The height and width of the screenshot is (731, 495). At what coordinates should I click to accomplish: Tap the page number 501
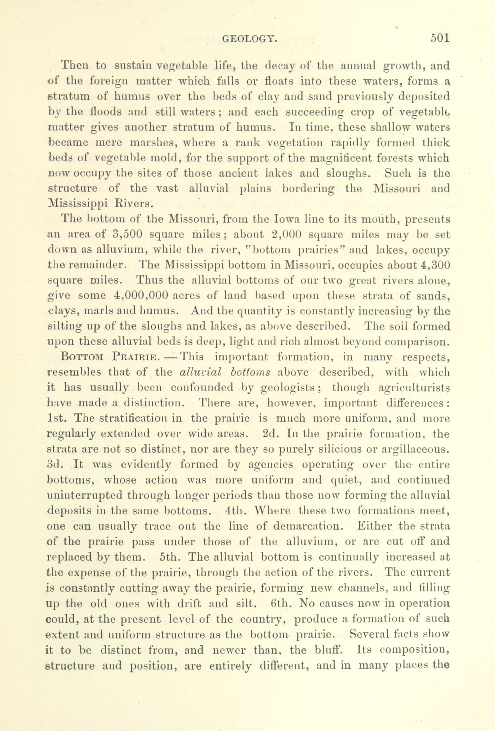[440, 38]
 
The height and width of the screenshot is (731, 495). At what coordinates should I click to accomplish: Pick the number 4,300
[435, 265]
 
